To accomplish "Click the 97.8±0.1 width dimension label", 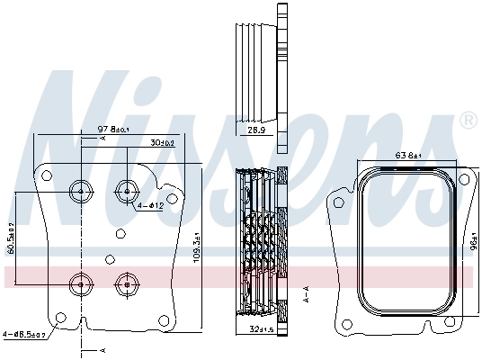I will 113,130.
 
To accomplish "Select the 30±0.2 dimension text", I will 163,142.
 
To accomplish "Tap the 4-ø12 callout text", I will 150,206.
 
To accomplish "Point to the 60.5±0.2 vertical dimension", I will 11,238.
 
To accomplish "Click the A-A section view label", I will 307,292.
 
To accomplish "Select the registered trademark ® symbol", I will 468,120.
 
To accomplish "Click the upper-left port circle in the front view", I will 81,190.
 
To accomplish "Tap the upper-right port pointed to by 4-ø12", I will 127,190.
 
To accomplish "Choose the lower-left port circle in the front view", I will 81,284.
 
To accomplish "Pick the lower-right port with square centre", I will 127,284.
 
